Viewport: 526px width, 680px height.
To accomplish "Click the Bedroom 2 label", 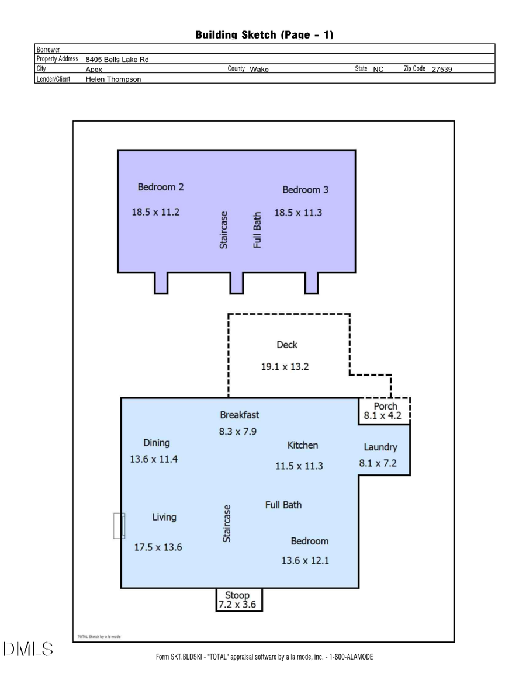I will click(161, 188).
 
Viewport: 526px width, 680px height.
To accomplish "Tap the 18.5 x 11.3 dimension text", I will click(298, 213).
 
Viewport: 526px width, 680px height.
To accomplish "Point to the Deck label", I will click(287, 345).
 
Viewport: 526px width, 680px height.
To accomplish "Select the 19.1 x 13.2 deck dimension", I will click(285, 367).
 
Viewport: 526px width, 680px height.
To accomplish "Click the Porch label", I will click(385, 407).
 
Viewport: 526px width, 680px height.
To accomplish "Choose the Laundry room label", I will click(380, 447).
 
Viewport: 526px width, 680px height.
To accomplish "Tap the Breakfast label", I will click(240, 415).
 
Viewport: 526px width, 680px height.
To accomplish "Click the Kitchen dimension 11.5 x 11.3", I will click(299, 466).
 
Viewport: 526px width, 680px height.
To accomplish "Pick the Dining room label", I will click(157, 443).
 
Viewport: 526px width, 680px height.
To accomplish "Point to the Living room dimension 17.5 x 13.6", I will click(158, 547).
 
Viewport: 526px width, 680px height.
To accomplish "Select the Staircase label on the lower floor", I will click(227, 523).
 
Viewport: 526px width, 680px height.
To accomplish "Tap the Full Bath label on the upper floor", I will click(257, 230).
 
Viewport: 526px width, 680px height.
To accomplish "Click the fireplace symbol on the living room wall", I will click(119, 526).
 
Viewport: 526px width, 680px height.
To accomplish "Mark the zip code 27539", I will click(442, 70).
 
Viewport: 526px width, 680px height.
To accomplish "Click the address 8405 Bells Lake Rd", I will click(121, 60).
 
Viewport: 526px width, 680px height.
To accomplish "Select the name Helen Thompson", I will click(113, 79).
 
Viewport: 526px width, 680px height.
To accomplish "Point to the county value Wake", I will click(259, 70).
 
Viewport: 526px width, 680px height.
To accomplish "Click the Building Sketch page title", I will click(264, 35).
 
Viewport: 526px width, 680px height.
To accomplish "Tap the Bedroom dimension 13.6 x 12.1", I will click(305, 561).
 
